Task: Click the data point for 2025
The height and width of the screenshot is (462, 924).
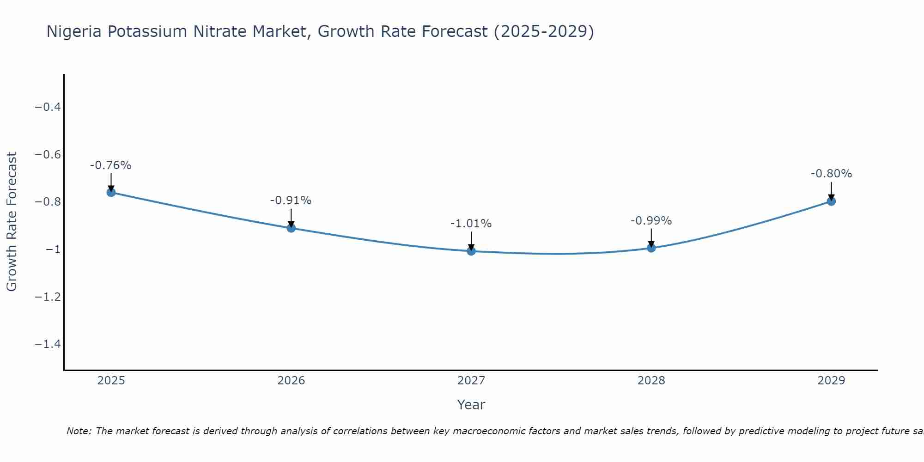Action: pyautogui.click(x=111, y=192)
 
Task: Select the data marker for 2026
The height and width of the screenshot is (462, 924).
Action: pyautogui.click(x=291, y=228)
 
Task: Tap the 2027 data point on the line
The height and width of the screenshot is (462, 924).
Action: pyautogui.click(x=471, y=251)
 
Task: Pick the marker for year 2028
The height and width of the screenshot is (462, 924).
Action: pyautogui.click(x=651, y=248)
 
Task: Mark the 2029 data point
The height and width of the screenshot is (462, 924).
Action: pyautogui.click(x=831, y=201)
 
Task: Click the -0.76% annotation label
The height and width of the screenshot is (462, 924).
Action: pyautogui.click(x=111, y=165)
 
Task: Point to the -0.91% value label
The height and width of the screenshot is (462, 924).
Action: pyautogui.click(x=291, y=201)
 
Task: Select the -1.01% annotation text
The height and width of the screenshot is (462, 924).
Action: pyautogui.click(x=471, y=224)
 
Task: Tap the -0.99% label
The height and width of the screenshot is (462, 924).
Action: pyautogui.click(x=651, y=221)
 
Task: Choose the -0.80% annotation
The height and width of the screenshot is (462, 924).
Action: pyautogui.click(x=831, y=174)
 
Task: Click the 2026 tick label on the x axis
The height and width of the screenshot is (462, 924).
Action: pyautogui.click(x=291, y=381)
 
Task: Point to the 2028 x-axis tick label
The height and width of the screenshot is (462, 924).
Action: pyautogui.click(x=651, y=381)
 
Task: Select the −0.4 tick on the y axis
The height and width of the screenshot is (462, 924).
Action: pyautogui.click(x=48, y=107)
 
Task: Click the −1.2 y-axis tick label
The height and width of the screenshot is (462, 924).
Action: pyautogui.click(x=48, y=297)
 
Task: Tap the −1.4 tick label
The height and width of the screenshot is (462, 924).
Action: pyautogui.click(x=48, y=344)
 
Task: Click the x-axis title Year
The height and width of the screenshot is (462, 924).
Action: pyautogui.click(x=471, y=405)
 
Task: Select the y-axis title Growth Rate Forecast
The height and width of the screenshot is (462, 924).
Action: pyautogui.click(x=12, y=222)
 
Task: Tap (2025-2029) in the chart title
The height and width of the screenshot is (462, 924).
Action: pyautogui.click(x=544, y=31)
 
